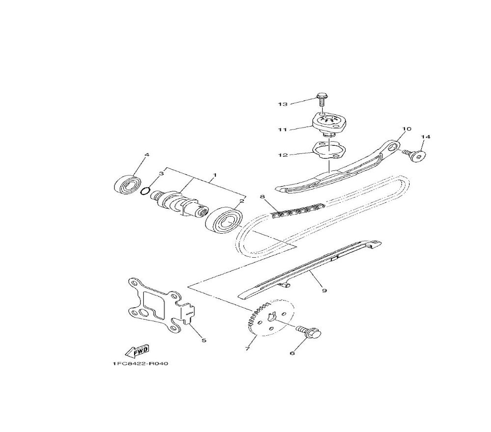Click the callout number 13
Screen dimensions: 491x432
[x=283, y=104]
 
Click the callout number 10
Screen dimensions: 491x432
[x=407, y=129]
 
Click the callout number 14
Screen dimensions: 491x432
[x=426, y=137]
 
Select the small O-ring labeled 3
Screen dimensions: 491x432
[x=145, y=191]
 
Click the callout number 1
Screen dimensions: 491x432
[x=215, y=174]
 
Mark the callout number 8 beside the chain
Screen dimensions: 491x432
[x=262, y=197]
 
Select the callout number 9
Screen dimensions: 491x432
[x=325, y=291]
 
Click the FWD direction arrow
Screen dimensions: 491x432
[x=137, y=351]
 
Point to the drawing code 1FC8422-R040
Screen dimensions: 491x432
[x=140, y=364]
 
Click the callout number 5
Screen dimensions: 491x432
[x=204, y=340]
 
